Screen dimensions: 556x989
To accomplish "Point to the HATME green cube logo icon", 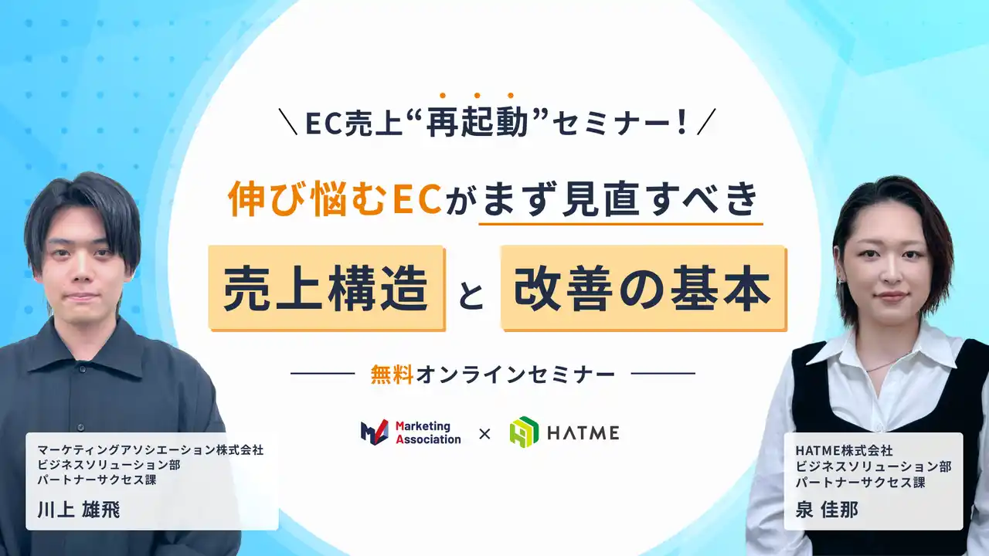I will pos(524,432).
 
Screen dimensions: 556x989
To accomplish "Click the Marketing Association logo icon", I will pos(374,432).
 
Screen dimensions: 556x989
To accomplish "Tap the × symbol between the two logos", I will pos(484,434).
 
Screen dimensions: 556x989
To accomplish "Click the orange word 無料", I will pos(393,375).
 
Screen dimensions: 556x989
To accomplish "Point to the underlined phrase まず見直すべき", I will pos(620,200).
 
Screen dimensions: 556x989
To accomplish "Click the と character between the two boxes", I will pos(471,297).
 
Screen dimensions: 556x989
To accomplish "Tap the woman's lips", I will pos(889,297).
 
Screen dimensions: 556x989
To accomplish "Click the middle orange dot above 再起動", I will pos(477,96).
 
